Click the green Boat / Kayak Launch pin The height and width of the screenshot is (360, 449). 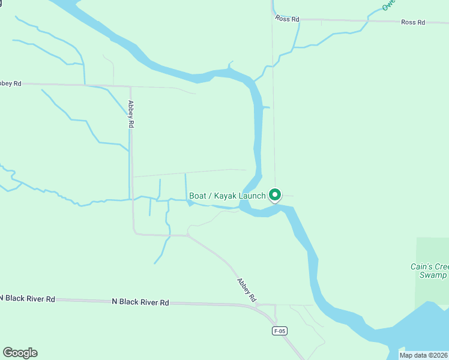[275, 195]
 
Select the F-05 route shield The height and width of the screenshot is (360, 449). [279, 331]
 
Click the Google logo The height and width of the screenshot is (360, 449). [20, 353]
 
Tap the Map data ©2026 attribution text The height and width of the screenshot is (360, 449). [423, 355]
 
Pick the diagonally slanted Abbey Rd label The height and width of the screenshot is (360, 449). [247, 290]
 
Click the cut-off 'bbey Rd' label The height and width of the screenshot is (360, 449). [11, 83]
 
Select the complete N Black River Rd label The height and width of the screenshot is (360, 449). [140, 302]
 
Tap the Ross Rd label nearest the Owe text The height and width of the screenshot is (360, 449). [413, 22]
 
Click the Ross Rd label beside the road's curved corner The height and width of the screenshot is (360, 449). [287, 19]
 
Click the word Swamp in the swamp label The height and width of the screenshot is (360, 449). [433, 275]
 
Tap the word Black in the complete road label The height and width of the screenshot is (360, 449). [137, 302]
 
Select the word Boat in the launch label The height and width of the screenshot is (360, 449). [198, 196]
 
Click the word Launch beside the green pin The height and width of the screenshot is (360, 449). [252, 196]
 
